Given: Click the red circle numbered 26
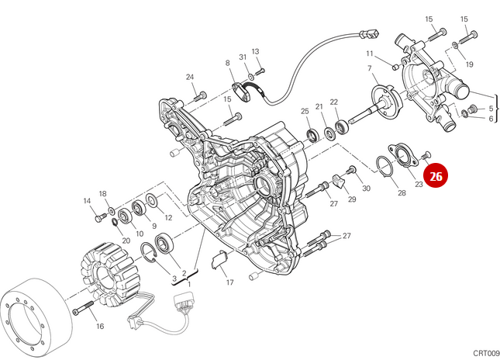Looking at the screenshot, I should tap(436, 177).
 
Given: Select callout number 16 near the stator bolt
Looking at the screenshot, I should tap(99, 327).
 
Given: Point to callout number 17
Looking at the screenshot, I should tap(229, 283).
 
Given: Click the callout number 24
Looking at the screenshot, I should tap(190, 77).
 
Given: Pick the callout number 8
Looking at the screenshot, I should tap(228, 63).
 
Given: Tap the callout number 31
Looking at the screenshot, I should tap(243, 58).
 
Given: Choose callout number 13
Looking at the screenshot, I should tap(255, 51).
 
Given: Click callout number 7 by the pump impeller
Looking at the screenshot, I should tap(371, 69).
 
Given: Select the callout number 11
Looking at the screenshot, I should tap(371, 54).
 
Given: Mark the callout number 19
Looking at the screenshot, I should tap(469, 64).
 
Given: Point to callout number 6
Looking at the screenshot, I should tap(491, 119).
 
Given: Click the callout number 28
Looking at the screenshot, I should tap(401, 192).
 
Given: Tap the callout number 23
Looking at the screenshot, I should tap(419, 185).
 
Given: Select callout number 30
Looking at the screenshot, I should tap(366, 189).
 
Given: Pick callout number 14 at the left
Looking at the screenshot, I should tap(87, 202).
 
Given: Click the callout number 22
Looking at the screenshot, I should tap(334, 102).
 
